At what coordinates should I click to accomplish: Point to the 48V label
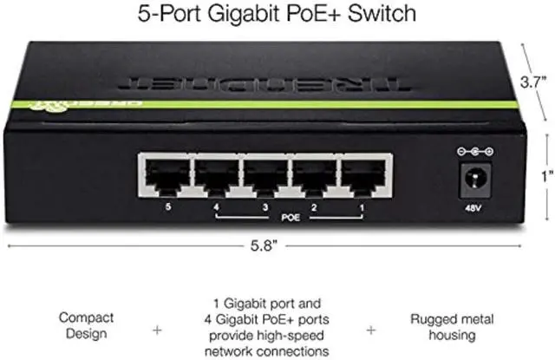(x=474, y=209)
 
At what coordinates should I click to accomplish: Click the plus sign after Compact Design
(x=157, y=330)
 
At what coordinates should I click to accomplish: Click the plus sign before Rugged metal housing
(x=370, y=330)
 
